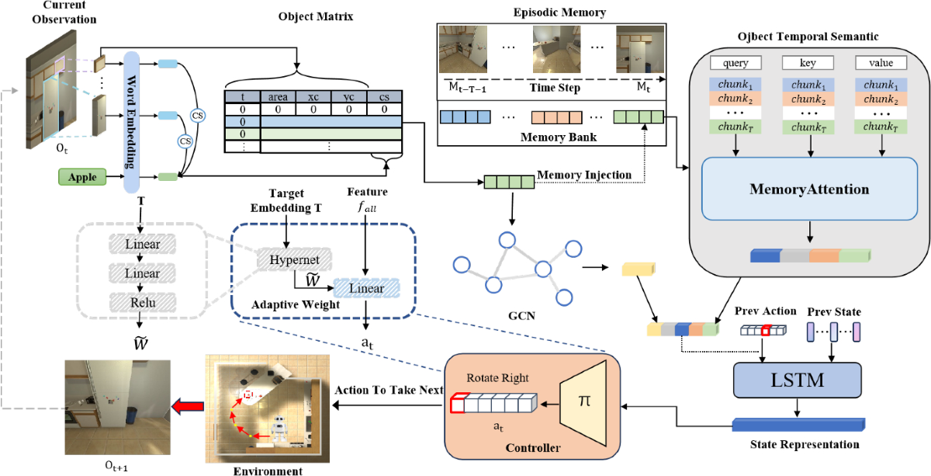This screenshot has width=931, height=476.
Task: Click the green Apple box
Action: tap(82, 177)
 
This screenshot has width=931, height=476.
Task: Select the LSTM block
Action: tap(797, 380)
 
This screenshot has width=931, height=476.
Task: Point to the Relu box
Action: tap(137, 301)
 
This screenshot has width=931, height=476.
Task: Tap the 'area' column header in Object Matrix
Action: tap(279, 97)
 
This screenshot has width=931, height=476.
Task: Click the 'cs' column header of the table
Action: tap(383, 97)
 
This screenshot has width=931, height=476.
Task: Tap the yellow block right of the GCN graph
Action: tap(638, 269)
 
